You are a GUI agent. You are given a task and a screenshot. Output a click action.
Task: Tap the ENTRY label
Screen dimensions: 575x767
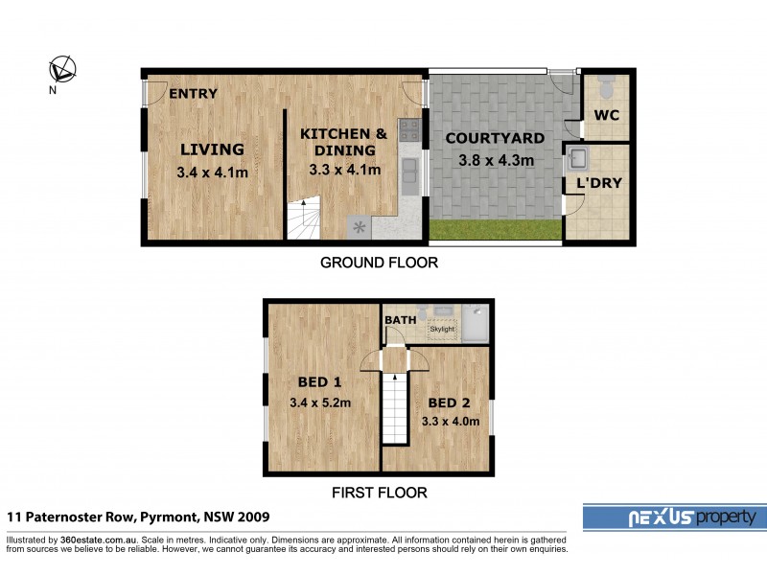point(193,94)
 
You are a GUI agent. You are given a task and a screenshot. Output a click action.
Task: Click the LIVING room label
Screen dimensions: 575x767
point(212,149)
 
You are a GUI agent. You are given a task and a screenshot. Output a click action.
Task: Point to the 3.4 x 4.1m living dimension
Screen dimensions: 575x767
point(213,172)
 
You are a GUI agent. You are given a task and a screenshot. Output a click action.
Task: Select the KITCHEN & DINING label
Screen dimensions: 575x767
point(344,142)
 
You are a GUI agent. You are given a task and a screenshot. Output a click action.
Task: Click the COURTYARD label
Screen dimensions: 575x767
point(495,138)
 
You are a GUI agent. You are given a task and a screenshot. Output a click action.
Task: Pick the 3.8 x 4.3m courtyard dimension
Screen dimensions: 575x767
point(496,160)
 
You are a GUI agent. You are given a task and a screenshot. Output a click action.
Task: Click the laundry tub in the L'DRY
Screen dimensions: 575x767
point(579,157)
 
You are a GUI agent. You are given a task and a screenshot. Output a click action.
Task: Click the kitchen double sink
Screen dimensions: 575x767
point(409,172)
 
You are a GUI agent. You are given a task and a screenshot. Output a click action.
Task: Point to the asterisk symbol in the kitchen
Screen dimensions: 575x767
point(360,227)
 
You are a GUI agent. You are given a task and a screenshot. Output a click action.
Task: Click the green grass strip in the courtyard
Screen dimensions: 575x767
point(495,230)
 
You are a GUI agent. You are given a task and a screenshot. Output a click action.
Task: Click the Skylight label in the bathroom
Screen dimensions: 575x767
point(442,329)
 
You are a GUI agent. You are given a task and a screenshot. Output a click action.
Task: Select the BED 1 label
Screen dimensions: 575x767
point(315,379)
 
